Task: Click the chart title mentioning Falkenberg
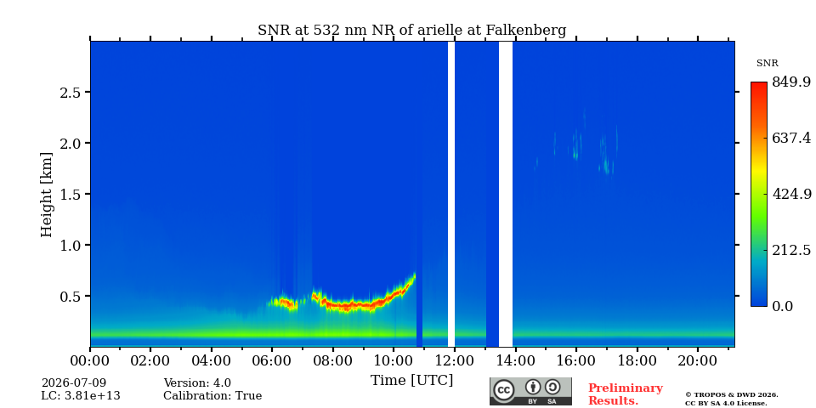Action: click(411, 31)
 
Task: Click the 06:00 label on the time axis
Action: click(272, 360)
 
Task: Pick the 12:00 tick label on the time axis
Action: click(454, 360)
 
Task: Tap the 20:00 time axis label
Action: click(697, 360)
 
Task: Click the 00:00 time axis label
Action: click(90, 360)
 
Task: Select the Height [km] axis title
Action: click(46, 195)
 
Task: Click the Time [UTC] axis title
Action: click(411, 381)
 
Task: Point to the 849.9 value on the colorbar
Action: click(790, 82)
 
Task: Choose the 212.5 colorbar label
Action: click(790, 250)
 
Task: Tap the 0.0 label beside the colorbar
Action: click(782, 306)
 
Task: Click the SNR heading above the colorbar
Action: click(767, 64)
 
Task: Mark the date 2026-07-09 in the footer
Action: click(74, 383)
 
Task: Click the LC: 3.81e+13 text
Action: click(81, 396)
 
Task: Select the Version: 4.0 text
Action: click(197, 383)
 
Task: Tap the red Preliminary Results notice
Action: click(626, 394)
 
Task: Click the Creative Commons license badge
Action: click(530, 391)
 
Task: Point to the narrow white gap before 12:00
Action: click(451, 194)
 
